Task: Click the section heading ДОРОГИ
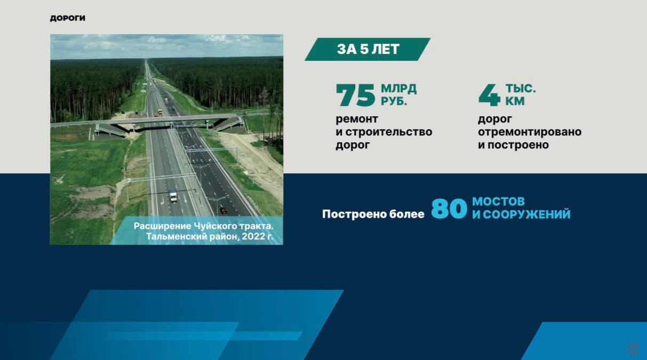click(x=68, y=18)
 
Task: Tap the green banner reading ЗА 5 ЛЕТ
click(x=368, y=49)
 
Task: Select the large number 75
click(x=356, y=95)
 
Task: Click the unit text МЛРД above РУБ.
click(x=398, y=89)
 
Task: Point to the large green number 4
click(x=489, y=95)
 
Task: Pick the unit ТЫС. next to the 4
click(x=521, y=89)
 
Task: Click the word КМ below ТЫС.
click(x=515, y=101)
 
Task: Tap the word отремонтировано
click(x=530, y=132)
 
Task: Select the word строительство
click(x=389, y=132)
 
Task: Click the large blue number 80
click(x=449, y=209)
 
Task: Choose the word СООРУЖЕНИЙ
click(x=526, y=215)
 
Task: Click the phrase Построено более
click(x=373, y=214)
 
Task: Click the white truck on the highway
click(x=173, y=196)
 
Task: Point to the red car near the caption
click(x=223, y=210)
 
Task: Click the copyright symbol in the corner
click(x=634, y=348)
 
